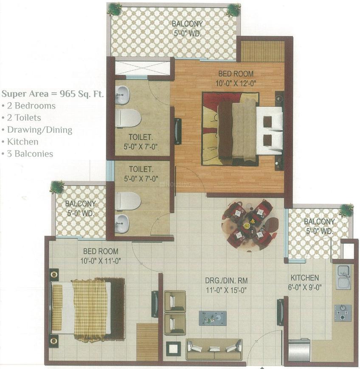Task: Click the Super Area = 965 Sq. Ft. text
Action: coord(53,93)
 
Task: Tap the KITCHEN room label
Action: coord(304,278)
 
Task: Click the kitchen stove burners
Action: coord(342,313)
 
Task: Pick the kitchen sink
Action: coord(343,277)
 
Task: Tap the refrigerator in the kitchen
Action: coord(299,350)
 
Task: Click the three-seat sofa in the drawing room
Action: coord(214,349)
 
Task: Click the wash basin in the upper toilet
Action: coord(122,95)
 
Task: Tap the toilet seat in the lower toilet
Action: coord(127,201)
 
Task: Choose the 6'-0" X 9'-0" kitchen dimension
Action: coord(304,287)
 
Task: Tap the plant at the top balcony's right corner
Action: coord(233,9)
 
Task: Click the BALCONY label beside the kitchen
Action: coord(319,221)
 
